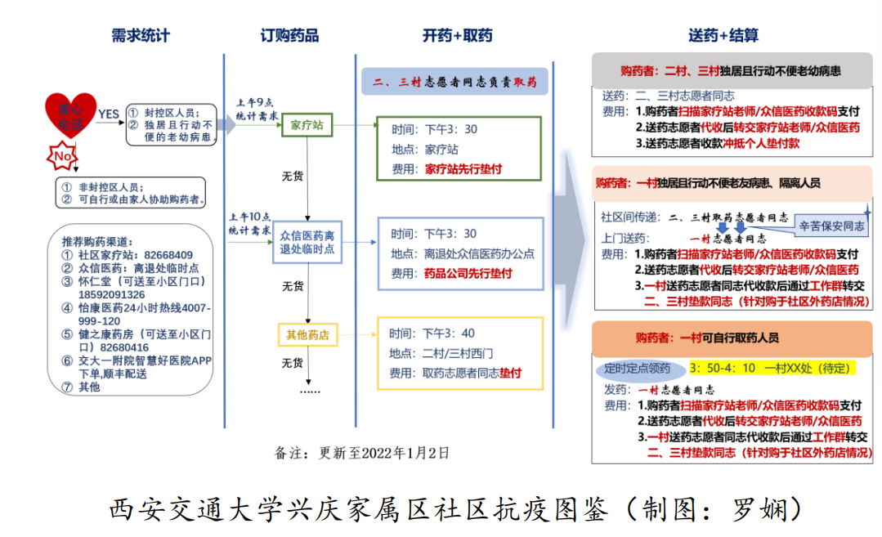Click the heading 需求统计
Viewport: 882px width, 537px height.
pyautogui.click(x=141, y=36)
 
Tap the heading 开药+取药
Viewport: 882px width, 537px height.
pyautogui.click(x=457, y=36)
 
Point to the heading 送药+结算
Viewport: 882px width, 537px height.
pyautogui.click(x=723, y=36)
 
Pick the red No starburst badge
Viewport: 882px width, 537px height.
pyautogui.click(x=63, y=154)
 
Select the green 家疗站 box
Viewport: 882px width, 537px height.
pyautogui.click(x=307, y=126)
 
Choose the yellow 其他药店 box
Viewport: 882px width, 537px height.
pyautogui.click(x=307, y=334)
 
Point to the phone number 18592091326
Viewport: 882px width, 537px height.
pyautogui.click(x=112, y=294)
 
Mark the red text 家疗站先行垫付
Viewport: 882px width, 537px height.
pyautogui.click(x=463, y=169)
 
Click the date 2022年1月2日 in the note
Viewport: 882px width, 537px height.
pyautogui.click(x=405, y=453)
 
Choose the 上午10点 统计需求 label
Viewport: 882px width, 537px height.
pyautogui.click(x=249, y=223)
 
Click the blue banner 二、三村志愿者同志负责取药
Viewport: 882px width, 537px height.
pyautogui.click(x=454, y=82)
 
